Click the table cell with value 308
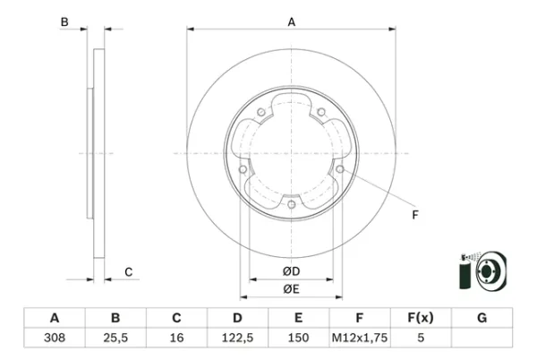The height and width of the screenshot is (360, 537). click(55, 338)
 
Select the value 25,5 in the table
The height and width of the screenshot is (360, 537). click(115, 338)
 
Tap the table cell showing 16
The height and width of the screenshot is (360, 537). click(176, 338)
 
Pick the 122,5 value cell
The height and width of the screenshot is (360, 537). click(237, 338)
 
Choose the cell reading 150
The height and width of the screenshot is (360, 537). click(298, 338)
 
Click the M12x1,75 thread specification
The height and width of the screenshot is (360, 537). click(360, 338)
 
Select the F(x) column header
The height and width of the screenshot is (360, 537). click(421, 318)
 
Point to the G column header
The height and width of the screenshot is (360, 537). click(482, 318)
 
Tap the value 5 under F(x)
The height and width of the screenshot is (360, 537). click(421, 338)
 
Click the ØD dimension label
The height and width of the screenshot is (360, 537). click(292, 271)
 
